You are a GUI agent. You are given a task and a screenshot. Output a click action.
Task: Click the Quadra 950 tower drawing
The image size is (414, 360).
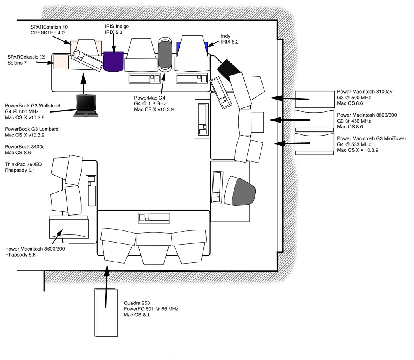pos(106,312)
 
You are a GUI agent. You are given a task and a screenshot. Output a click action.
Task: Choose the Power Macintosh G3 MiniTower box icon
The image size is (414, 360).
pos(314,143)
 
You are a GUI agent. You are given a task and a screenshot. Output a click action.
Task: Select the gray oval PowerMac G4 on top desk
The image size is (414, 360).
pos(165,54)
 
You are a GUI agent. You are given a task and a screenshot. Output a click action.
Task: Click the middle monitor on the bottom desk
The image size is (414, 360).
pos(153,247)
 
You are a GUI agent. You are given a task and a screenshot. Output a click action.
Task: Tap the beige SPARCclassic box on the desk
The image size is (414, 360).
pos(60,62)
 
